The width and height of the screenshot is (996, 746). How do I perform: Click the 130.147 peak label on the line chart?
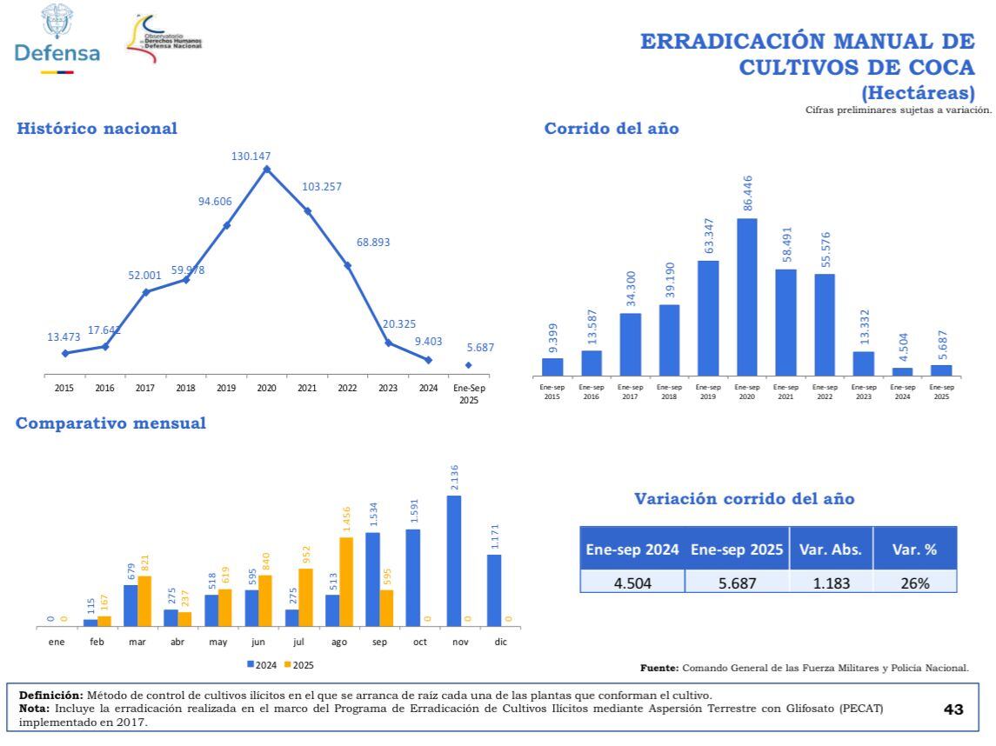coord(251,157)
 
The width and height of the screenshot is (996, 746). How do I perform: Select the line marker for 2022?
coord(348,265)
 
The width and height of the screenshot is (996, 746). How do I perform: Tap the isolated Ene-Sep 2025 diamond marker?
coord(469,365)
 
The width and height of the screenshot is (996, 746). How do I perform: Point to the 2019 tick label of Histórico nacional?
coord(226,388)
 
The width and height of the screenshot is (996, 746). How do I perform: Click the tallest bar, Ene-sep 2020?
coord(746,296)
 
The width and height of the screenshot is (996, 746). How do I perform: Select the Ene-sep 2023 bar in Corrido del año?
coord(863,363)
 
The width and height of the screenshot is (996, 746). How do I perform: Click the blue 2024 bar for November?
coord(453,560)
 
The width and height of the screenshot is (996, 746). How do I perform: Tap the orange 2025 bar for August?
coord(346,581)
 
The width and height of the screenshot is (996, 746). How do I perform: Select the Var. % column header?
coord(914,550)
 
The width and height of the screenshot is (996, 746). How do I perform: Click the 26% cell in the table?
coord(914,583)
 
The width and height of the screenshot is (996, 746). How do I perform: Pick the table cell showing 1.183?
coord(831,583)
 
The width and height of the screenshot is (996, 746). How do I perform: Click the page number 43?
coord(953,709)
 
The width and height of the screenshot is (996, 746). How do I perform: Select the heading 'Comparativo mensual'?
coord(111,423)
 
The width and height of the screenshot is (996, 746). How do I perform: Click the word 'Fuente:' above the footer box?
coord(659,668)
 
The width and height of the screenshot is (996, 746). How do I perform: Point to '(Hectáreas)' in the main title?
coord(918,93)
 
